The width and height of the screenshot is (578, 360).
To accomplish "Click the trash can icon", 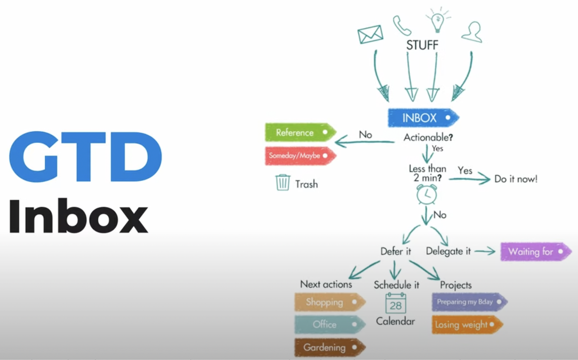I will pyautogui.click(x=283, y=182).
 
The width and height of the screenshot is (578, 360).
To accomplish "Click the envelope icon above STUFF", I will pyautogui.click(x=370, y=34).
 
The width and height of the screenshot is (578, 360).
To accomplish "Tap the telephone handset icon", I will pyautogui.click(x=402, y=26).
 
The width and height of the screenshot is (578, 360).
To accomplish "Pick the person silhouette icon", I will pyautogui.click(x=472, y=31).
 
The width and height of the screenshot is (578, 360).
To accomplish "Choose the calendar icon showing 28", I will pyautogui.click(x=395, y=303).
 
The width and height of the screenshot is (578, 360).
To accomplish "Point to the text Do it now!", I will pyautogui.click(x=516, y=179).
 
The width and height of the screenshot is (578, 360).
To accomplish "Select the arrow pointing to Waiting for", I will pyautogui.click(x=485, y=251).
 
